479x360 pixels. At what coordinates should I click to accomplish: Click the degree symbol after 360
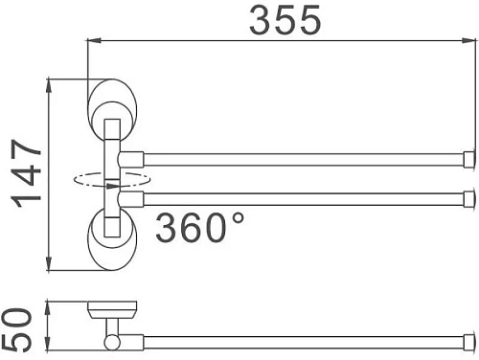tap(236, 217)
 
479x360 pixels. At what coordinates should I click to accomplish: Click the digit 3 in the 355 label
tap(260, 21)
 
